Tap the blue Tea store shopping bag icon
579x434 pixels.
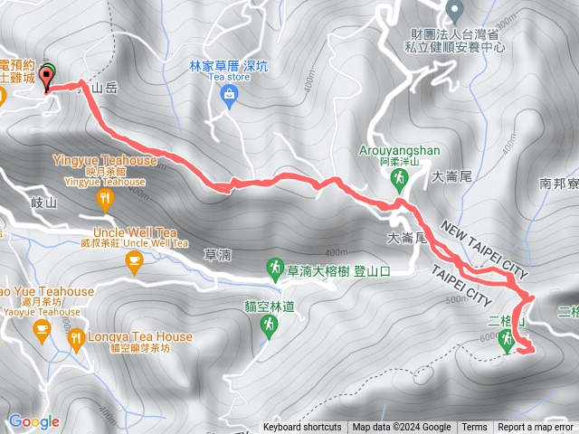coord(229,95)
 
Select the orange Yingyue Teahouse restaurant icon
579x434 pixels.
coord(107,198)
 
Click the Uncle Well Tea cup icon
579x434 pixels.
coord(135,262)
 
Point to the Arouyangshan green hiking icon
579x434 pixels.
coord(397,180)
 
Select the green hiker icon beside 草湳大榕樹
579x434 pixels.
coord(274,268)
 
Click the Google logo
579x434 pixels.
coord(33,421)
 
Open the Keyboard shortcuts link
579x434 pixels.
coord(302,428)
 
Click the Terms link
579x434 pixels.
coord(474,428)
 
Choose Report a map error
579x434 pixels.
coord(536,428)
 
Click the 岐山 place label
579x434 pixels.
coord(43,203)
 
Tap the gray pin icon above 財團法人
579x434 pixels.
coord(455,11)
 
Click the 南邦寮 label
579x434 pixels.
coord(558,183)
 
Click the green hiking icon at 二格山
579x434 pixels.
coord(508,341)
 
